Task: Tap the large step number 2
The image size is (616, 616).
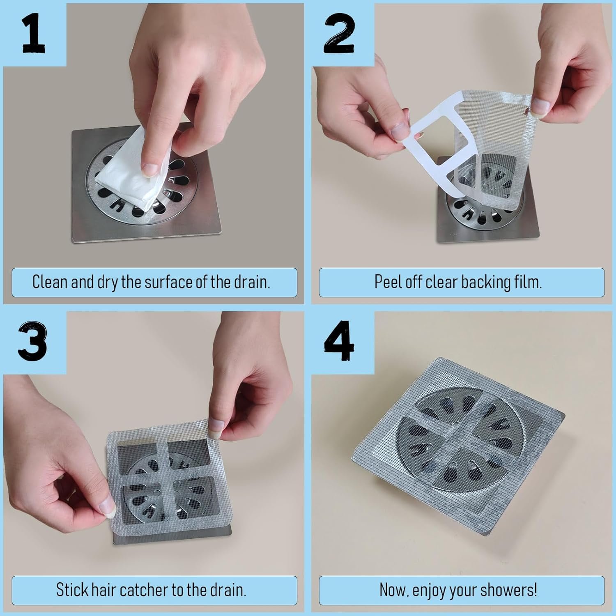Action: tap(340, 32)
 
